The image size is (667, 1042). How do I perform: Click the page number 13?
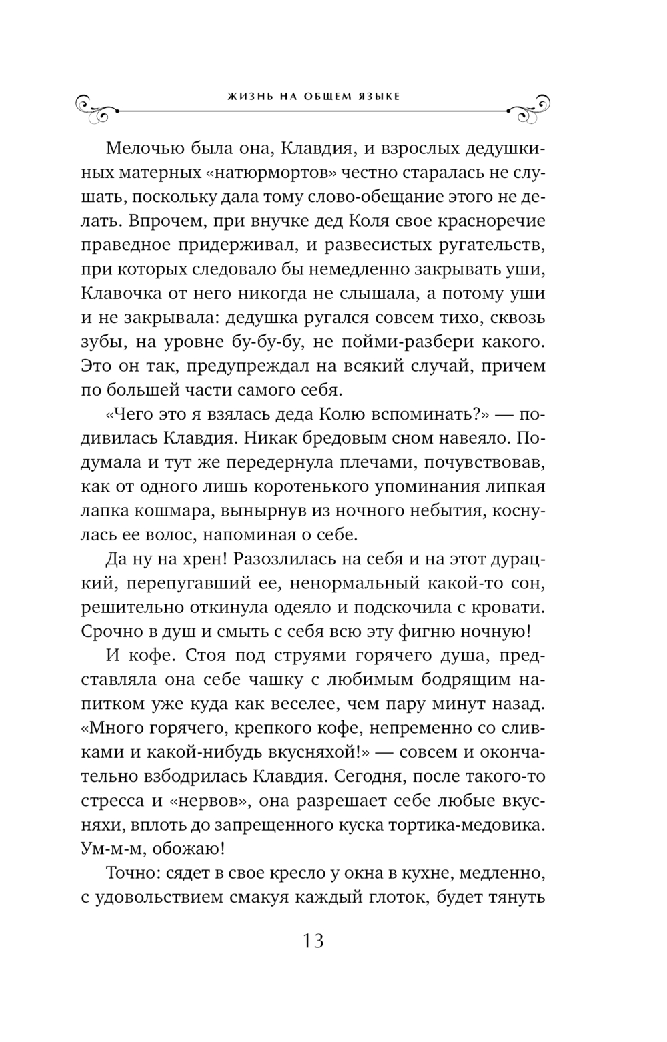click(313, 941)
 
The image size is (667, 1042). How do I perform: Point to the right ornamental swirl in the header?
click(530, 109)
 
